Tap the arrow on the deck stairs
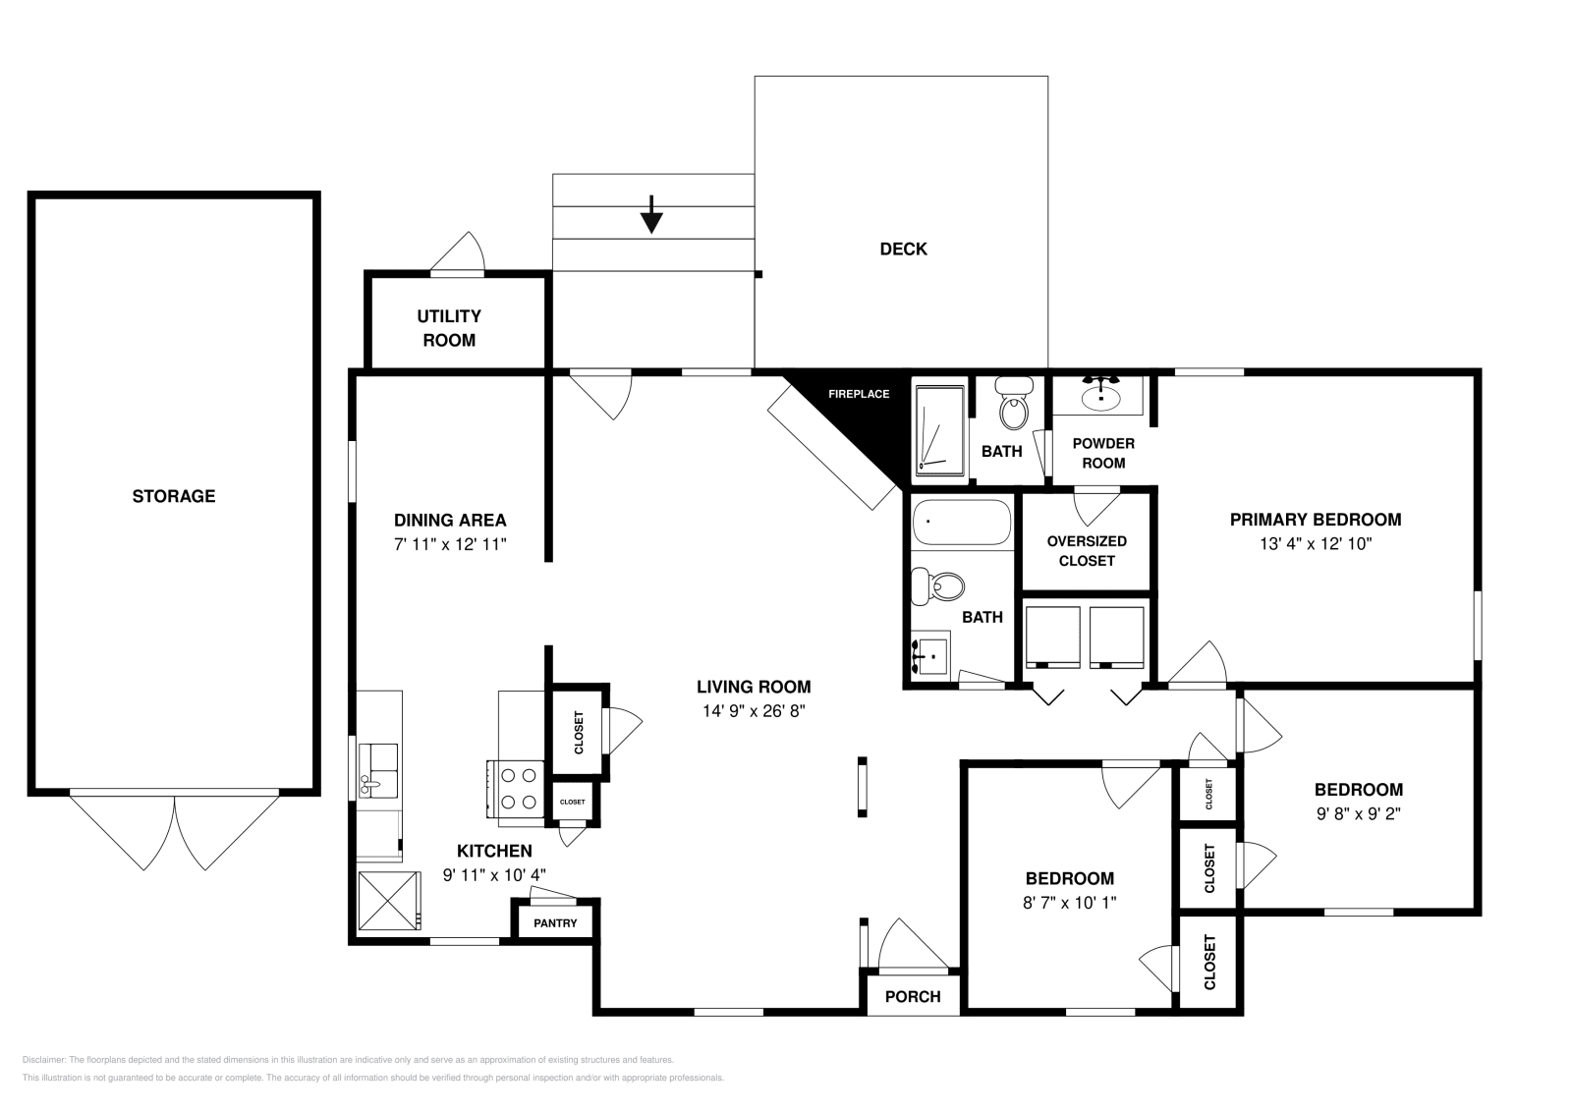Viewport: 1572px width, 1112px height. [650, 215]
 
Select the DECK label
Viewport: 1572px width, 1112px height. [903, 250]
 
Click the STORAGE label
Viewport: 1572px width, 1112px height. [174, 496]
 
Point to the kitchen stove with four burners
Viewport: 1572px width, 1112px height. [518, 788]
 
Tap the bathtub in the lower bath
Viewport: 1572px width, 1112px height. [961, 523]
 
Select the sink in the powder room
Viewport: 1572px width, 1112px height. [1100, 396]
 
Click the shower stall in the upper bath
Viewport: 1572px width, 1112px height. [939, 427]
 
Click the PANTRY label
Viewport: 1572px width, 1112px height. [555, 923]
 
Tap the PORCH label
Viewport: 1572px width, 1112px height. [913, 996]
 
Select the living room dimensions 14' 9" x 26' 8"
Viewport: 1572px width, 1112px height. [755, 711]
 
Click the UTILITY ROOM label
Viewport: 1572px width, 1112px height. [449, 328]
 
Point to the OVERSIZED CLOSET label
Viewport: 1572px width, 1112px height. [1087, 551]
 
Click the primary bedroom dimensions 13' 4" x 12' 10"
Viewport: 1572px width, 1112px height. [1316, 543]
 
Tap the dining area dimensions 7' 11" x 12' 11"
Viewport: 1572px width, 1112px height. [450, 544]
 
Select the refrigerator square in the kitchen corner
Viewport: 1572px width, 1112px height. [387, 900]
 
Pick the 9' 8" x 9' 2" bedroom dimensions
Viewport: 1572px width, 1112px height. [1358, 813]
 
